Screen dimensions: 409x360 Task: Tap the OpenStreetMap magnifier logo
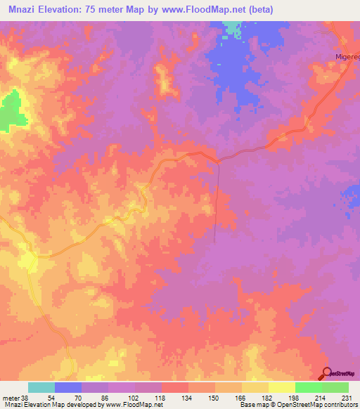point(327,373)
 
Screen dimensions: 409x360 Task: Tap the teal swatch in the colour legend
point(41,387)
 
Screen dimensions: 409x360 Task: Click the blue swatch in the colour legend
point(68,387)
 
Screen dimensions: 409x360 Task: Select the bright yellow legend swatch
point(282,387)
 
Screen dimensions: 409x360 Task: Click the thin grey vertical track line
point(216,204)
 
